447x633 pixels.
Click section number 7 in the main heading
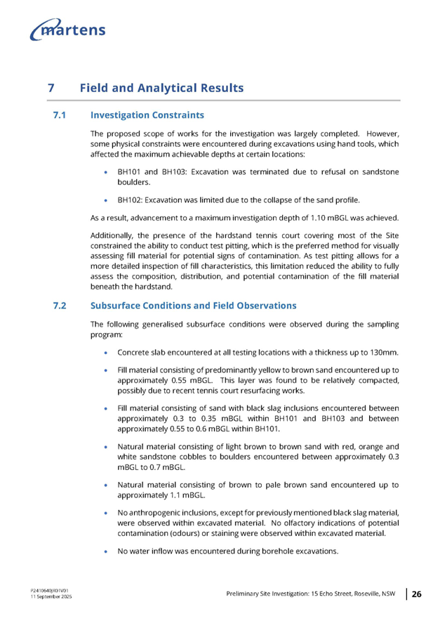(51, 88)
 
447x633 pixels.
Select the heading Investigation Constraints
(147, 115)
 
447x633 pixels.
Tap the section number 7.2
(60, 306)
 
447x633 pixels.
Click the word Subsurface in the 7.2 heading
(114, 306)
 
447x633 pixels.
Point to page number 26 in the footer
(416, 594)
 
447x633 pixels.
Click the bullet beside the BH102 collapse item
(105, 200)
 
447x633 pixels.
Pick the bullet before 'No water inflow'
(105, 552)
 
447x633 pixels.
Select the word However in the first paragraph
(382, 133)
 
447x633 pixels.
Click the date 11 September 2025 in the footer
(51, 597)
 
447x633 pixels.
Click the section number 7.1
(60, 115)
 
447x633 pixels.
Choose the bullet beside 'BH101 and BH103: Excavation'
(105, 171)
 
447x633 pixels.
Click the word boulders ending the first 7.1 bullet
(133, 182)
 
